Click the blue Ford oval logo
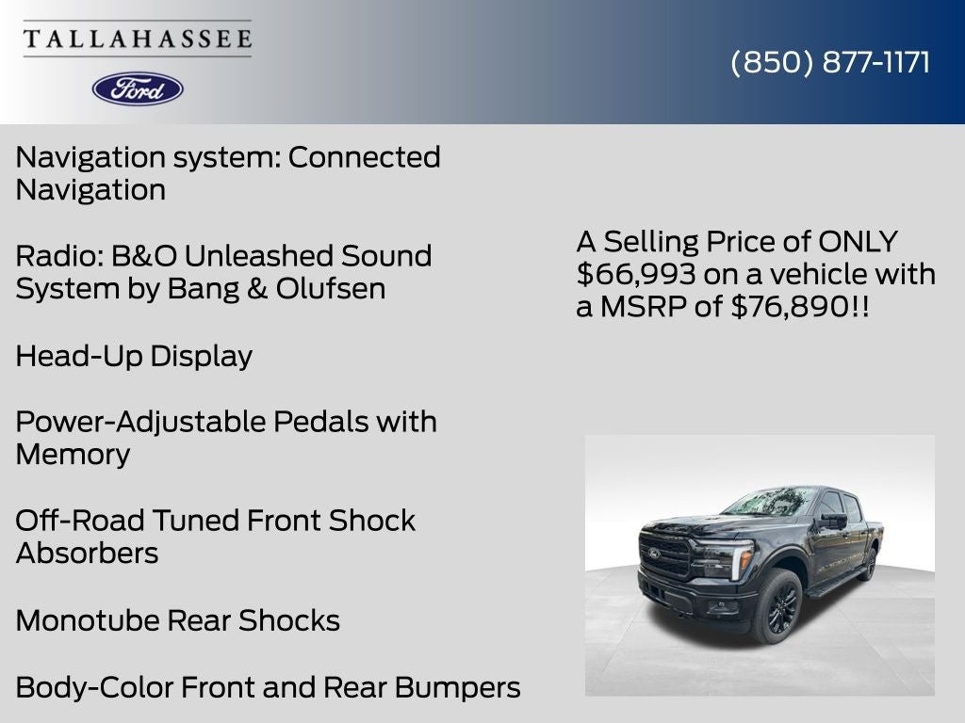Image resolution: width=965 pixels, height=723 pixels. coord(138,88)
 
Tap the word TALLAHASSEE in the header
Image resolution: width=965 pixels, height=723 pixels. coord(138,39)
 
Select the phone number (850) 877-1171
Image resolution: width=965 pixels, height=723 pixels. coord(830,62)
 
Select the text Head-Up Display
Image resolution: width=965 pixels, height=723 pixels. coord(134,356)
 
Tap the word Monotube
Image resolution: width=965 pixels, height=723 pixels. coord(88,620)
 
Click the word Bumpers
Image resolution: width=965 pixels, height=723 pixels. coord(458,687)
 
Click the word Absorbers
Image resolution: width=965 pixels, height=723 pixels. coord(87,553)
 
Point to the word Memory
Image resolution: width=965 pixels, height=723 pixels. coord(73,454)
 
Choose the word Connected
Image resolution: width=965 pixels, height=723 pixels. coord(364,156)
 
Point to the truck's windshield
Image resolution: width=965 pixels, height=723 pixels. coord(767,503)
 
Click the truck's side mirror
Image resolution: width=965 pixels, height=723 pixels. coord(832,520)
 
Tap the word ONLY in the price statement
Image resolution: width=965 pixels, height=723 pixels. coord(858,241)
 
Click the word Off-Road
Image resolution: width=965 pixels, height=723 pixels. coord(80,521)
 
